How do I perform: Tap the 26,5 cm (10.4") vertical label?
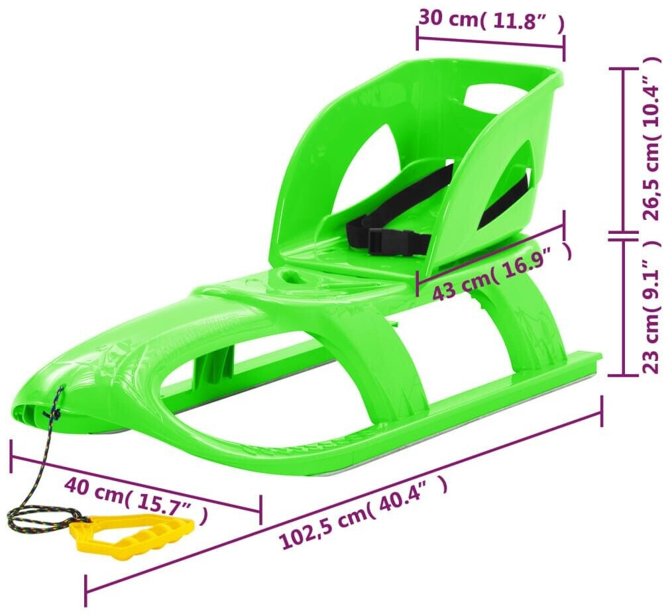pos(652,139)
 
